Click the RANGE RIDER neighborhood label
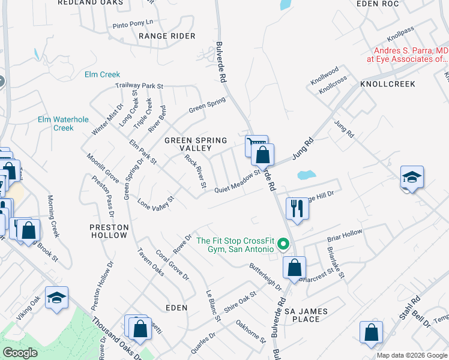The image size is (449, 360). pos(167,36)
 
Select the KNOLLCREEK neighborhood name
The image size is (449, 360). pos(387,84)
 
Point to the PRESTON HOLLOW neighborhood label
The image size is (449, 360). pos(109,231)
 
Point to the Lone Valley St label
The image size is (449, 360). pos(155,202)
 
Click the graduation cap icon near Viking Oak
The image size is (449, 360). pos(56,298)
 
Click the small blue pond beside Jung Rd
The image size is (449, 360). pos(306,176)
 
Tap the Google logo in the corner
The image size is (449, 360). pos(20,353)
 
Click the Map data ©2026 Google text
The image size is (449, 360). pos(411,355)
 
